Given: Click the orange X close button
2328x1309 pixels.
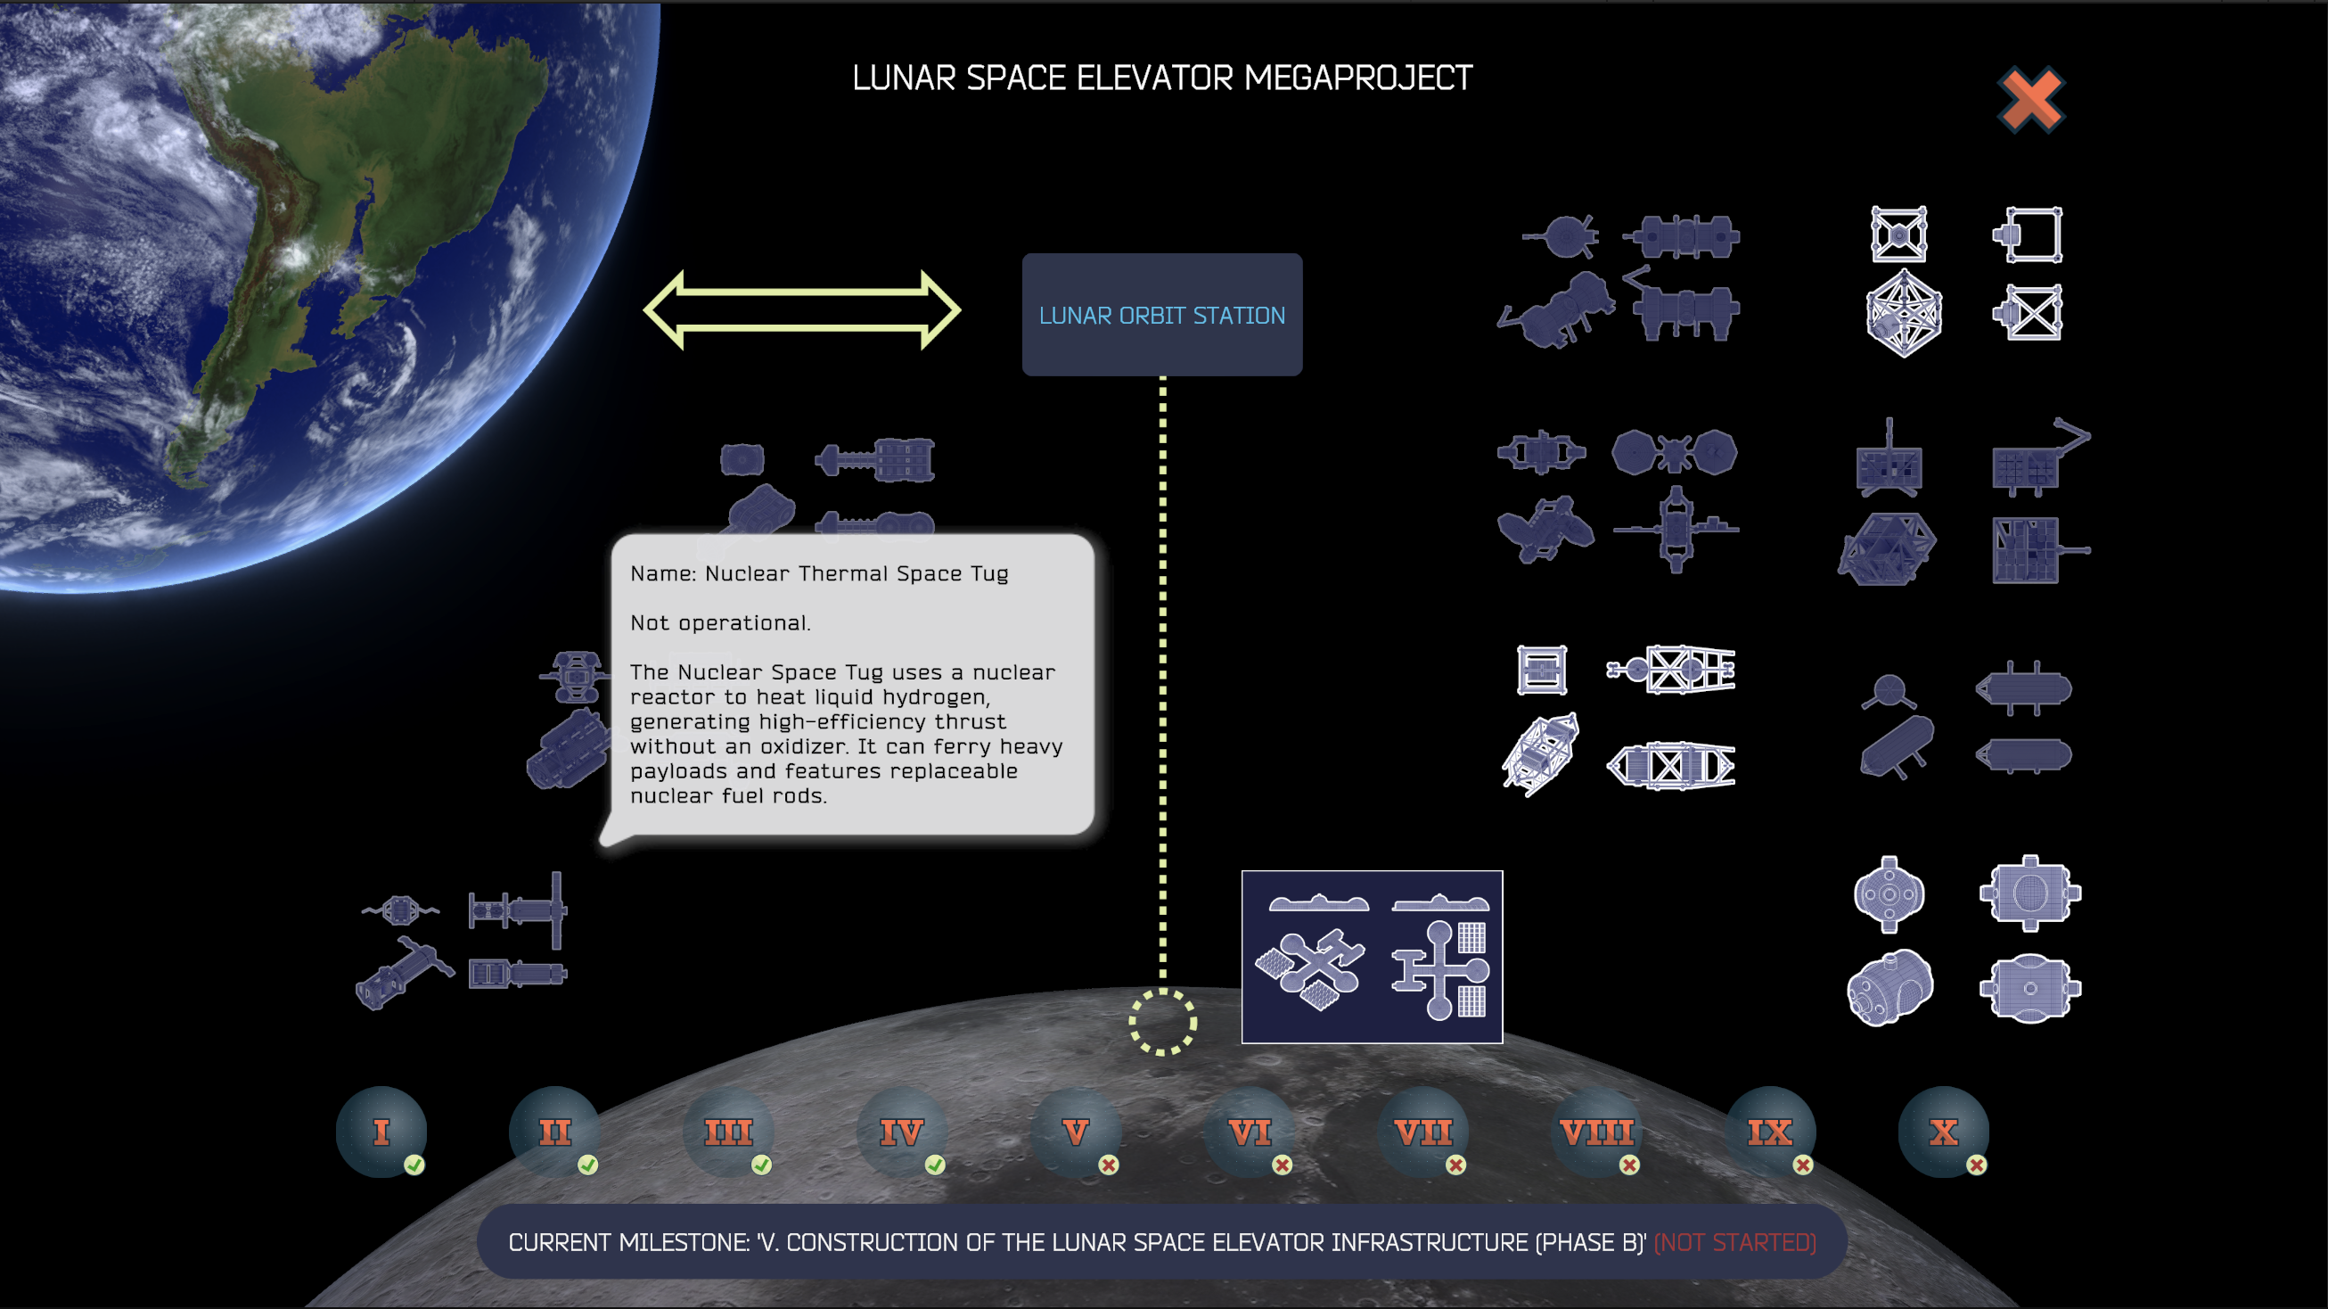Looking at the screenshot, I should click(x=2030, y=100).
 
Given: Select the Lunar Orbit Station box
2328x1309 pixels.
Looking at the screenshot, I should click(x=1161, y=315).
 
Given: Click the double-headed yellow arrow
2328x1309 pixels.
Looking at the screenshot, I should click(x=801, y=309).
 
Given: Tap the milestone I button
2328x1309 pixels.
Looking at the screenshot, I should click(x=381, y=1131).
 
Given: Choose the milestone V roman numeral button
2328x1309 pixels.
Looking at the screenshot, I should click(x=1076, y=1131).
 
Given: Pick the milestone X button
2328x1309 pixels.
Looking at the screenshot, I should click(x=1943, y=1131).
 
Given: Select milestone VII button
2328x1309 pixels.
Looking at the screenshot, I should click(x=1422, y=1131).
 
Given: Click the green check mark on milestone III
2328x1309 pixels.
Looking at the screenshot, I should click(x=762, y=1165).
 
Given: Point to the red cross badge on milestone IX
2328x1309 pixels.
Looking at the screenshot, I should click(x=1803, y=1165).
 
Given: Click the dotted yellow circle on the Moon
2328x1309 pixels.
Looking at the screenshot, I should click(x=1162, y=1022).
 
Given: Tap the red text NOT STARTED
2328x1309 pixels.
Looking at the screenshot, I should click(x=1734, y=1242).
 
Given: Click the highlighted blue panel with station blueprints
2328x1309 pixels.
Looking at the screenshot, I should click(x=1372, y=957).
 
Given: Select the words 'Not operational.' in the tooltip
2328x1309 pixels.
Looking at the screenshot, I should click(x=720, y=623).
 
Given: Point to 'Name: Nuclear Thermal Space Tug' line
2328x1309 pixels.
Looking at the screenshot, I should click(x=819, y=573).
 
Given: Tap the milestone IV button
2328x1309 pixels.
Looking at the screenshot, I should click(x=902, y=1131).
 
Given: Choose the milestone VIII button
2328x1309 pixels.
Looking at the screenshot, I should click(x=1596, y=1131).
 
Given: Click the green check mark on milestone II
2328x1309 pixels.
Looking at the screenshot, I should click(x=588, y=1165).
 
